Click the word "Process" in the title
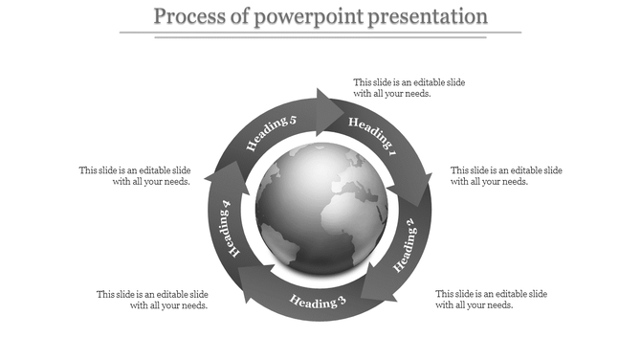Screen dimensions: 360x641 point(188,16)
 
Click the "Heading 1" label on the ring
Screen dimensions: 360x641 point(372,134)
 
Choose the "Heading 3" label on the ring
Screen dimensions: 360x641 point(318,304)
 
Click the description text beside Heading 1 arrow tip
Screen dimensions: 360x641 point(409,88)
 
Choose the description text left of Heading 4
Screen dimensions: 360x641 point(135,176)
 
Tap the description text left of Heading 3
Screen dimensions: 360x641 point(152,300)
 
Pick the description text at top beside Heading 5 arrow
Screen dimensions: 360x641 point(409,88)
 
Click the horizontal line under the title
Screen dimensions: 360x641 point(320,33)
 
